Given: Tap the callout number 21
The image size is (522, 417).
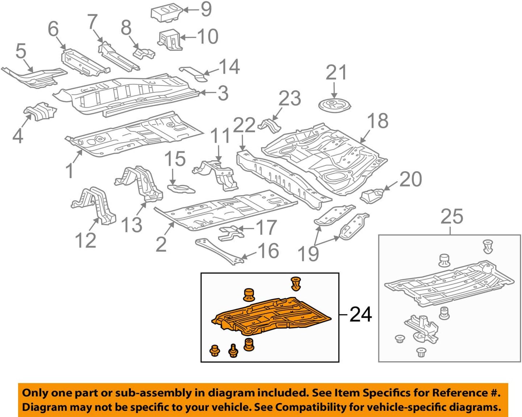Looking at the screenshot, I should (336, 73).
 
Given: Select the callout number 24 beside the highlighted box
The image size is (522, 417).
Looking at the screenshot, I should (360, 314).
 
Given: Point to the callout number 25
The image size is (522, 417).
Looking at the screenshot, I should (452, 217).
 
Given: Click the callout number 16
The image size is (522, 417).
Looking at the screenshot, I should (268, 251).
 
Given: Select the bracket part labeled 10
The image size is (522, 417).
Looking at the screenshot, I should (169, 39).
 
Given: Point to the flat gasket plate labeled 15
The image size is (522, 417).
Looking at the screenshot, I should (181, 188).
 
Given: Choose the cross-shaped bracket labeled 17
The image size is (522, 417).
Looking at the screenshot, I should (230, 233).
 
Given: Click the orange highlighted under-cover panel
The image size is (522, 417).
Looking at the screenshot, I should (271, 314).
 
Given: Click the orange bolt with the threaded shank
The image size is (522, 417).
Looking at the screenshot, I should (234, 351).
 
